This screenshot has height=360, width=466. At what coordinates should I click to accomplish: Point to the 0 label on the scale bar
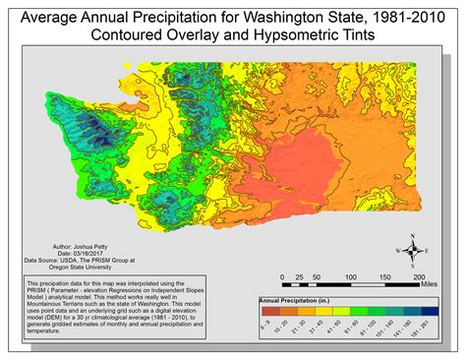pos(282,277)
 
